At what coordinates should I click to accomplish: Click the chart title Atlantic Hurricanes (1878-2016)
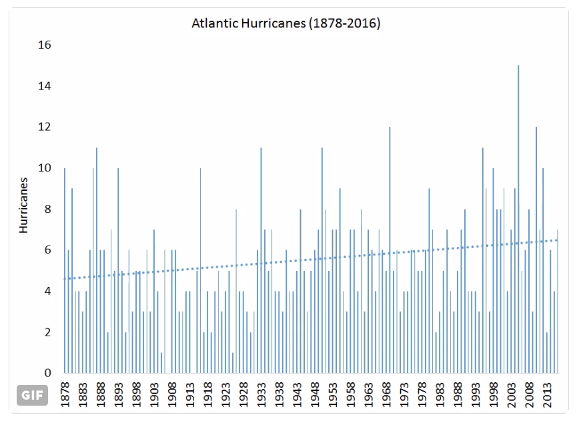point(285,24)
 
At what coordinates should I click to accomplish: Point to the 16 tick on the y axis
point(45,45)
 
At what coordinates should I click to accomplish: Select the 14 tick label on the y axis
point(45,86)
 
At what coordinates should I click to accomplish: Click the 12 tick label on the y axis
point(45,127)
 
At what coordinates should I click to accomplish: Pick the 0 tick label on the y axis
point(48,373)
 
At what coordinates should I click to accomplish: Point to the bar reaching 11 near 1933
point(261,260)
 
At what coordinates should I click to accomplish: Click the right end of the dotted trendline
point(557,240)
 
